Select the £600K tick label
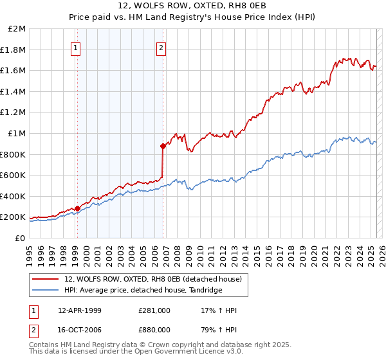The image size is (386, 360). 14,175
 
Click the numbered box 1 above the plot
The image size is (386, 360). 77,47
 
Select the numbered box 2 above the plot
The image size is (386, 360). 161,47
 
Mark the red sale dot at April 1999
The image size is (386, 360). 77,208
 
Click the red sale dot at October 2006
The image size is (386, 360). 163,146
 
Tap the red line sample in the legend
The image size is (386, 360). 46,279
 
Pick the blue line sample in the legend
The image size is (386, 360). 46,290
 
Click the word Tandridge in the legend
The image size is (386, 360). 205,290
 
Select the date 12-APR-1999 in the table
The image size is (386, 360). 79,310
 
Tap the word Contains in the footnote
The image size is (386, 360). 44,345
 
